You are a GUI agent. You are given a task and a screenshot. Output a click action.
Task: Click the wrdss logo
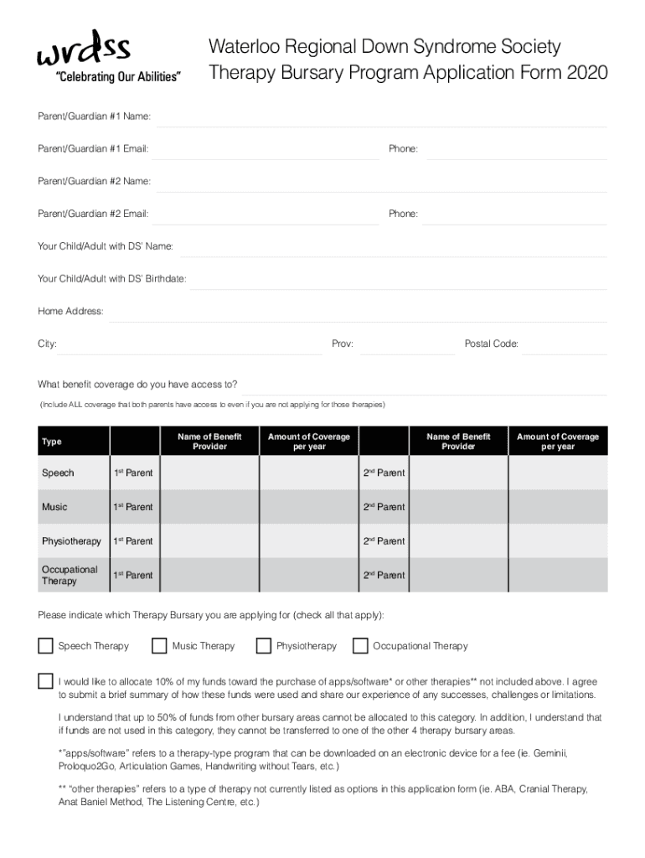tap(83, 49)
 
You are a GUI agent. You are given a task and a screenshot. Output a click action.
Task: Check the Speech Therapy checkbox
tap(45, 646)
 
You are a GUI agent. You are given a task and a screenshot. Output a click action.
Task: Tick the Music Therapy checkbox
tap(159, 646)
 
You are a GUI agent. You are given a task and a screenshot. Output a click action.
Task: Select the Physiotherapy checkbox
tap(264, 646)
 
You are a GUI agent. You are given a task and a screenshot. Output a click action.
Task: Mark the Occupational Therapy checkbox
tap(360, 646)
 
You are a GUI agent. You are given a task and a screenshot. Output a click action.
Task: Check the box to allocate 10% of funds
tap(45, 681)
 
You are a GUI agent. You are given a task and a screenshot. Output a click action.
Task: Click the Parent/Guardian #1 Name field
tap(381, 116)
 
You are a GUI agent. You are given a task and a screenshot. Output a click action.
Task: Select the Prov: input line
tap(405, 344)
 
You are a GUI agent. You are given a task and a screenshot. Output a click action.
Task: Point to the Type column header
tap(52, 442)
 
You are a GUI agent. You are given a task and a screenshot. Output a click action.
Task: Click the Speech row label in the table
tap(58, 473)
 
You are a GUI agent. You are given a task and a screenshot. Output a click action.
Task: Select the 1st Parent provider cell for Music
tap(209, 507)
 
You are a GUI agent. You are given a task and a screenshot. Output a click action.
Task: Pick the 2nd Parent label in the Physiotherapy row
tap(384, 541)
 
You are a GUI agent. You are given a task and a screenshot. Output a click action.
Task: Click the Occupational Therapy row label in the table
tap(70, 575)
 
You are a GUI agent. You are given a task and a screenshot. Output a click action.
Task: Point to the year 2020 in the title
tap(587, 74)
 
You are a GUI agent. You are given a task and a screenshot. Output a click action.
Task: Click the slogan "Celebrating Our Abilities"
tap(117, 77)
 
